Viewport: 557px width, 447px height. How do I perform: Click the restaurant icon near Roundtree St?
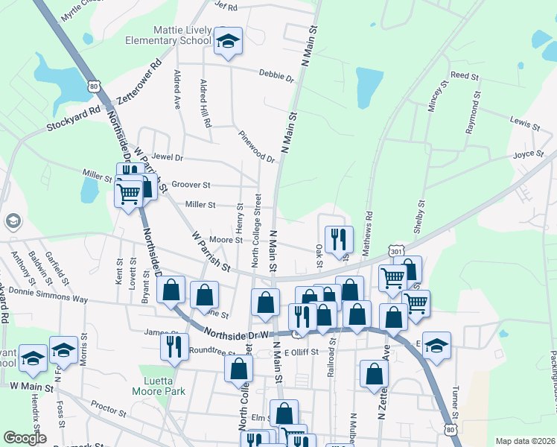point(174,346)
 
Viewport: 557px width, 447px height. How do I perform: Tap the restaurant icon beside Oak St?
point(339,239)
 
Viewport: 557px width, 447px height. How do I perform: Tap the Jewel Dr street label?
point(168,158)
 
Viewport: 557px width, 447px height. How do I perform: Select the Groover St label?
point(191,185)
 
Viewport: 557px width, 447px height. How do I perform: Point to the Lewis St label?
point(524,122)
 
